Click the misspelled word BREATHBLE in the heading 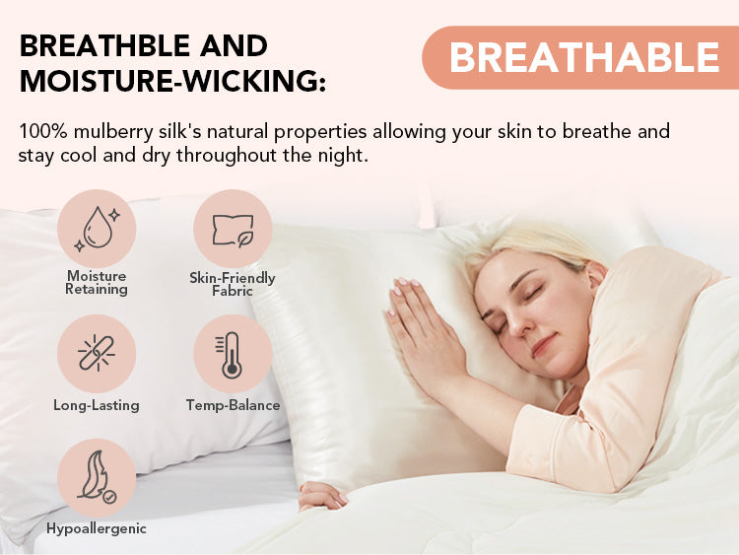tap(104, 46)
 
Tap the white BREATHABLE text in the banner tap(584, 58)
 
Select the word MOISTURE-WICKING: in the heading tap(172, 81)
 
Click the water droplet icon tap(97, 229)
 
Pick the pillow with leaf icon tap(233, 230)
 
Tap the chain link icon tap(97, 353)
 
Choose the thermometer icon tap(229, 355)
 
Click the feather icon tap(97, 477)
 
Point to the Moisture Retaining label tap(97, 283)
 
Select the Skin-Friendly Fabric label tap(233, 284)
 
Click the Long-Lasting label tap(97, 405)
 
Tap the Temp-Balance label tap(233, 405)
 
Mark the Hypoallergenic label tap(97, 529)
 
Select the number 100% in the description tap(43, 131)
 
